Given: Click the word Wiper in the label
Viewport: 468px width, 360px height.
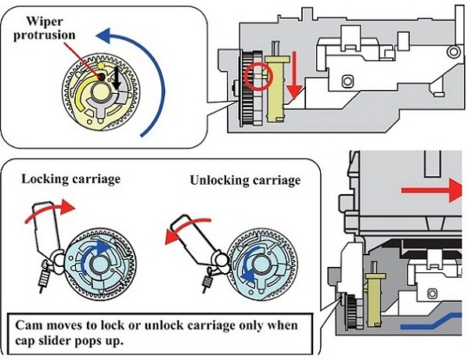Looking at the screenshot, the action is pyautogui.click(x=45, y=22).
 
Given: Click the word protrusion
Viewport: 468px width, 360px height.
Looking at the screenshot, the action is pyautogui.click(x=45, y=35).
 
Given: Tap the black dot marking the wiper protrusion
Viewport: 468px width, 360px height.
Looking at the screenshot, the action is pyautogui.click(x=101, y=77).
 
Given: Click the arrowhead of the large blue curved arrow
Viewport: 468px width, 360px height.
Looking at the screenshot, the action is pyautogui.click(x=104, y=34).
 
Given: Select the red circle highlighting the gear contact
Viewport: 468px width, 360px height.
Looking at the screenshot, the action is pyautogui.click(x=258, y=77).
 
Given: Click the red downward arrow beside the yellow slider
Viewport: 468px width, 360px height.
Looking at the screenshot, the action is pyautogui.click(x=295, y=74).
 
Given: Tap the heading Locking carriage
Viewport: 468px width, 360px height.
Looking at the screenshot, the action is pyautogui.click(x=71, y=179).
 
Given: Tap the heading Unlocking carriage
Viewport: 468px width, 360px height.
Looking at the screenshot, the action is pyautogui.click(x=245, y=180).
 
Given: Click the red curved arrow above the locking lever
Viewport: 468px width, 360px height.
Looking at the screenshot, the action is pyautogui.click(x=48, y=209).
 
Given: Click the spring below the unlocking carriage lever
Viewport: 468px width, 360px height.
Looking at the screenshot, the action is pyautogui.click(x=207, y=281).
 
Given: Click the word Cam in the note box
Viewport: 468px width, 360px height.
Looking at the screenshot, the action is pyautogui.click(x=29, y=326).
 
